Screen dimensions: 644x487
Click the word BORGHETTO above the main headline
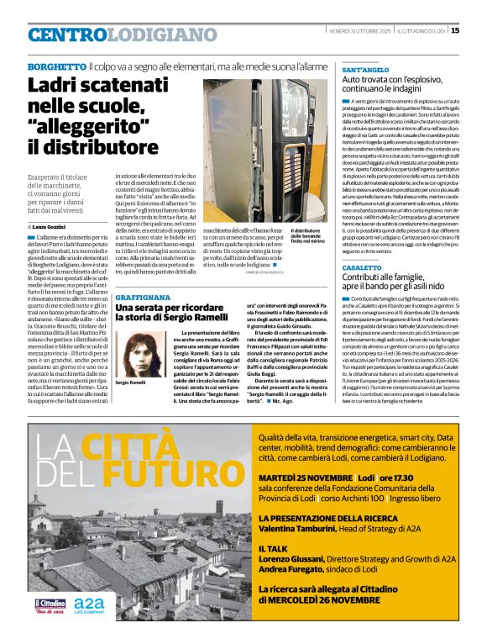(x=55, y=66)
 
